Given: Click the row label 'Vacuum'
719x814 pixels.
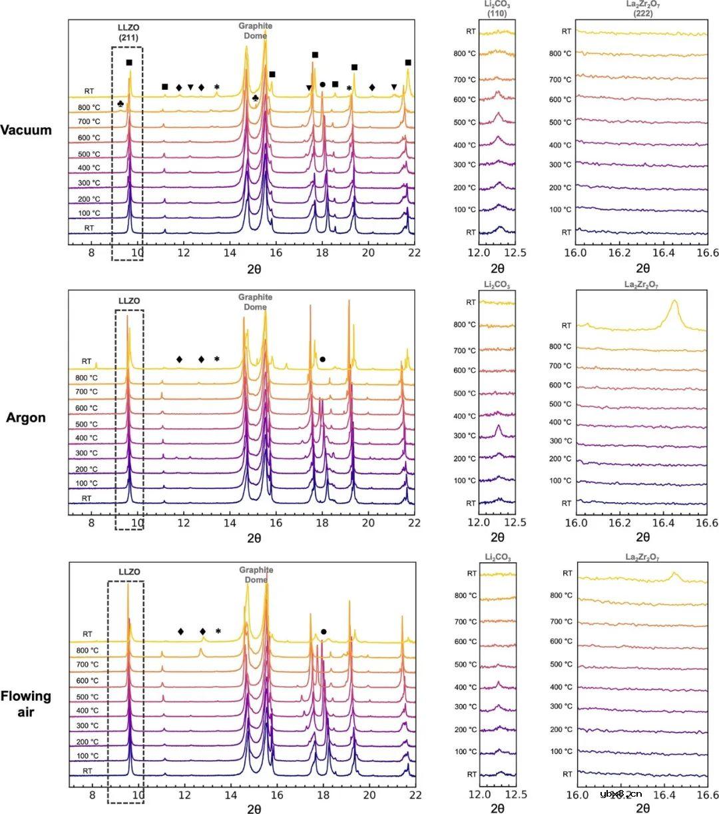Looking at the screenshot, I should coord(26,130).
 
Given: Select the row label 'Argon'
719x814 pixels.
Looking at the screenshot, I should coord(26,418).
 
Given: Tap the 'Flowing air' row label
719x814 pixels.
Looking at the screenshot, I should coord(26,704).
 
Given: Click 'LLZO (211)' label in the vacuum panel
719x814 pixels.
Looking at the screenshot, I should coord(128,33).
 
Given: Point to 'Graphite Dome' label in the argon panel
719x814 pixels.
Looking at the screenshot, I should coord(256,302).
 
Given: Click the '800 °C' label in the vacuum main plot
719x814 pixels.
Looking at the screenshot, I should coord(89,107).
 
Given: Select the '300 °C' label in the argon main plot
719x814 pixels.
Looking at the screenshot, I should coord(87,453).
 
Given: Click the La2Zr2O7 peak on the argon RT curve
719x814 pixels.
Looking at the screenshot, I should coord(674,303).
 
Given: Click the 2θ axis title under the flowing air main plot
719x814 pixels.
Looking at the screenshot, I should coord(254,809).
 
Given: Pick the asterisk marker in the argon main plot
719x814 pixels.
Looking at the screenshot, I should coord(216,360).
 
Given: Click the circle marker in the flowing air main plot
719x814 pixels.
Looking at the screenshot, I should coord(324,631).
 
